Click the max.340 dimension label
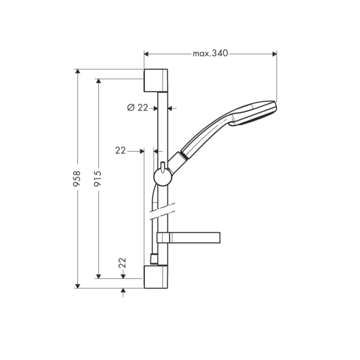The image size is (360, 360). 210,54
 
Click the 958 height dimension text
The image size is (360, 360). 77,178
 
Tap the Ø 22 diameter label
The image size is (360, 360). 138,108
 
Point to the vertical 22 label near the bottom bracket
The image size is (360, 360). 122,263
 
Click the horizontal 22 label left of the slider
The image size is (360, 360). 121,151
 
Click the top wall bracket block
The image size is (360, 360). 156,81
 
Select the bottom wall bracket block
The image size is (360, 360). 156,277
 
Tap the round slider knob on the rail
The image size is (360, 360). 162,177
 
